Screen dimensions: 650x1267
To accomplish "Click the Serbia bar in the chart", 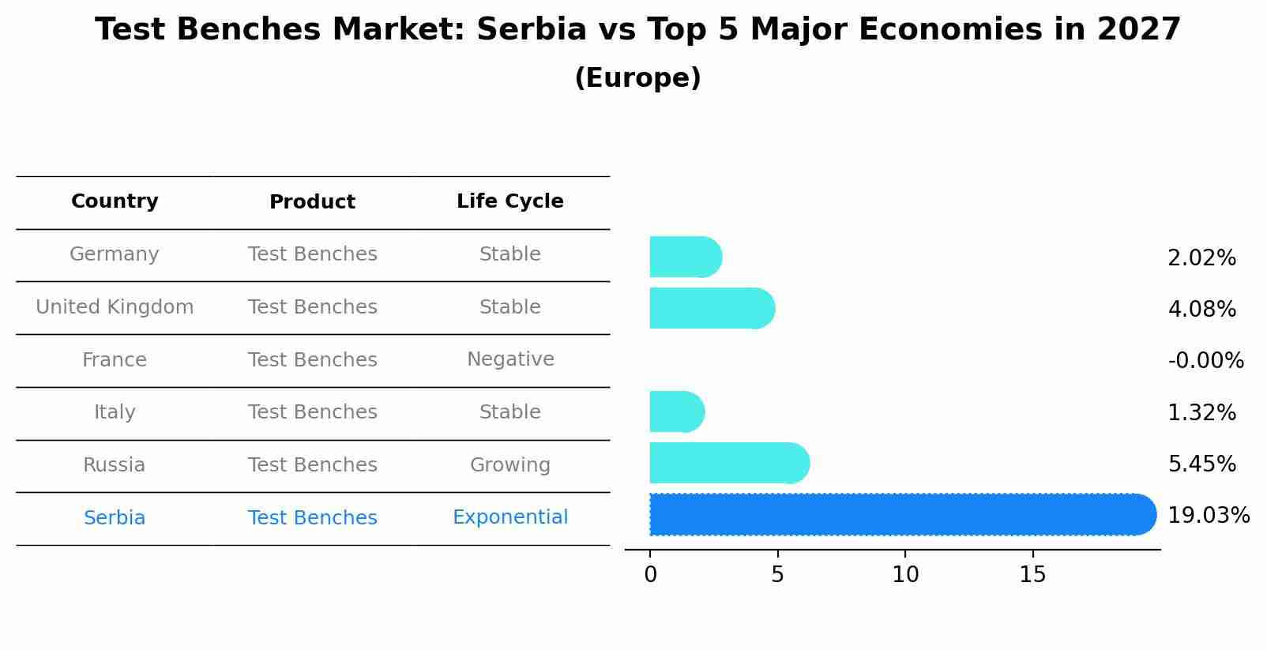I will [x=900, y=514].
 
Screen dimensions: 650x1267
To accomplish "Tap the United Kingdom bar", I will [x=711, y=308].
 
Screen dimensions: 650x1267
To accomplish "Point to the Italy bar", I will [x=676, y=411].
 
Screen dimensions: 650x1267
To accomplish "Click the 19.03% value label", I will [x=1208, y=516].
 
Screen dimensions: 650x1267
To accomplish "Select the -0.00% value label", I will [x=1205, y=361].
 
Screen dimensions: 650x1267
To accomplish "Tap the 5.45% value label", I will [x=1201, y=464].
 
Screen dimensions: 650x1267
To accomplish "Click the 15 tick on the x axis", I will [x=1032, y=575].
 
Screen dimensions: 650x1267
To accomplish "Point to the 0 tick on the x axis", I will [x=650, y=575].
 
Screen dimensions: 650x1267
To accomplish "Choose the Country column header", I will [x=115, y=201].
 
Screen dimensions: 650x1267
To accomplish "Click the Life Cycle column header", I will [x=509, y=201].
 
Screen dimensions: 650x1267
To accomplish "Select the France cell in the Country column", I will [x=115, y=360].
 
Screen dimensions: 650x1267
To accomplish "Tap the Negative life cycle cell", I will [x=510, y=359].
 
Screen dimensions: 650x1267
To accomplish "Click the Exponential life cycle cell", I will [x=510, y=517].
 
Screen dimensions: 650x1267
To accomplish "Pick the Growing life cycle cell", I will [x=510, y=465].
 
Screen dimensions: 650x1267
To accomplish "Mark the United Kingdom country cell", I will [x=115, y=307].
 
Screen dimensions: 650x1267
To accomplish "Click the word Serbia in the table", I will [x=115, y=518].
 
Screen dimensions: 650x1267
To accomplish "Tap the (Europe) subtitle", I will [x=637, y=78].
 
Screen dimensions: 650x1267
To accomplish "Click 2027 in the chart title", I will [x=1138, y=30].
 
